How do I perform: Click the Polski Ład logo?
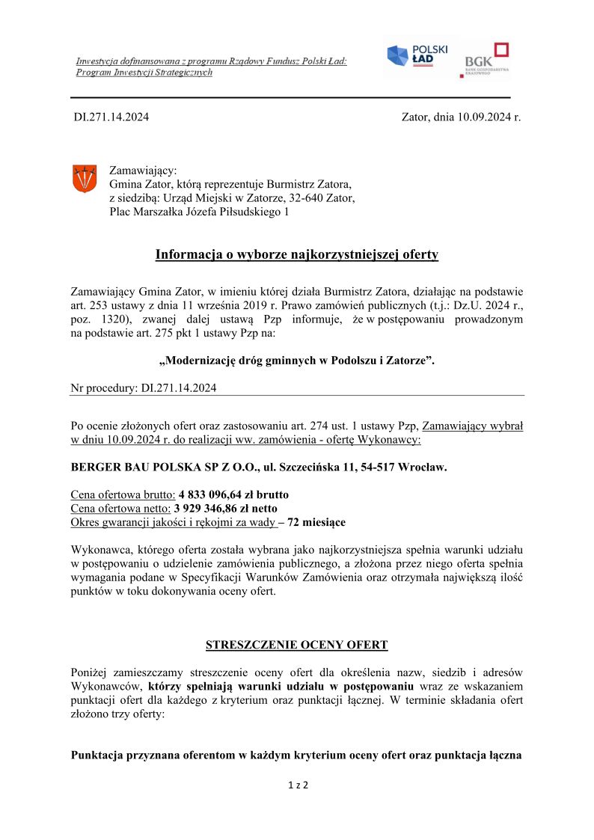417,56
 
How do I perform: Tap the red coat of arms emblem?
84,179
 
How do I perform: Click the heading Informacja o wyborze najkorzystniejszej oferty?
296,255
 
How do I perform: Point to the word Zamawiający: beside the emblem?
143,171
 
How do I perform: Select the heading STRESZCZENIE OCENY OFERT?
296,645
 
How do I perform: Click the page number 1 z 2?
298,785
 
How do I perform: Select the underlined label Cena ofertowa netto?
120,509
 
